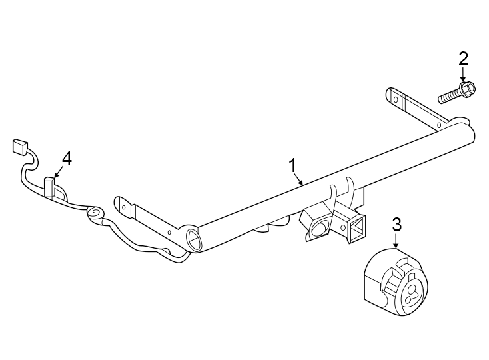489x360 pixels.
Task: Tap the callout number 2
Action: pyautogui.click(x=463, y=58)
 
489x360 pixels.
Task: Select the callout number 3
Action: pyautogui.click(x=396, y=224)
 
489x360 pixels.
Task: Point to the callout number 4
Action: pyautogui.click(x=66, y=158)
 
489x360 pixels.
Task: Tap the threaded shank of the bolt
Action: pyautogui.click(x=450, y=95)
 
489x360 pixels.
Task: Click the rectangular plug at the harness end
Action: pyautogui.click(x=19, y=147)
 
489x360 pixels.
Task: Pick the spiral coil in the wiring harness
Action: pyautogui.click(x=95, y=213)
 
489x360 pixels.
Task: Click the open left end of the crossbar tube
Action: pyautogui.click(x=193, y=238)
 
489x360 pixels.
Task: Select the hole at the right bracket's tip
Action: pyautogui.click(x=394, y=98)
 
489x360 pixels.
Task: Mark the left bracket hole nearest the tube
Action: pyautogui.click(x=171, y=231)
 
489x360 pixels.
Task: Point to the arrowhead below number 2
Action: pyautogui.click(x=464, y=79)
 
